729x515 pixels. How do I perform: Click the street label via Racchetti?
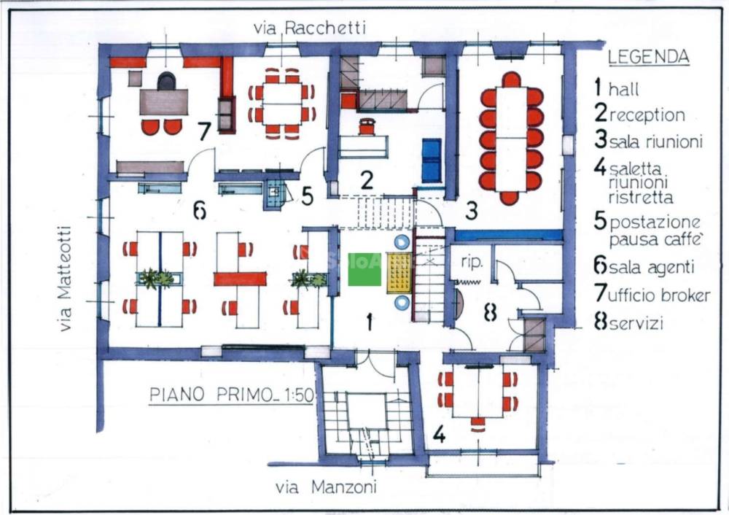pyautogui.click(x=310, y=28)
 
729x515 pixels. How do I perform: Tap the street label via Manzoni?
pyautogui.click(x=326, y=487)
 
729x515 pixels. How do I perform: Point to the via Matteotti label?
pyautogui.click(x=65, y=279)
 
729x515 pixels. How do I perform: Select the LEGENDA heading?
pyautogui.click(x=649, y=57)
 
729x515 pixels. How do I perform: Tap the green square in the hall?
pyautogui.click(x=364, y=269)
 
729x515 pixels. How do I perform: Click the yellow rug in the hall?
pyautogui.click(x=399, y=273)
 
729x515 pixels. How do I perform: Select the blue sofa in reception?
pyautogui.click(x=432, y=160)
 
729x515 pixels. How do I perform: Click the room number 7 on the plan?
pyautogui.click(x=204, y=131)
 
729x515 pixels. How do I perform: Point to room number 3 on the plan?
pyautogui.click(x=472, y=211)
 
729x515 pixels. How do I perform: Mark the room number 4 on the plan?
pyautogui.click(x=440, y=434)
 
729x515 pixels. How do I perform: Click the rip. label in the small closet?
pyautogui.click(x=472, y=262)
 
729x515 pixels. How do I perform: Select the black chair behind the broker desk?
pyautogui.click(x=166, y=81)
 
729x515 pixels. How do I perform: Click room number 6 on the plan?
pyautogui.click(x=200, y=212)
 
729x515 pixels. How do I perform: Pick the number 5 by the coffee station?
pyautogui.click(x=308, y=195)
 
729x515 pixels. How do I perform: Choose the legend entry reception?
pyautogui.click(x=640, y=114)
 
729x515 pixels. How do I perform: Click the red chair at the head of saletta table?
pyautogui.click(x=477, y=423)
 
